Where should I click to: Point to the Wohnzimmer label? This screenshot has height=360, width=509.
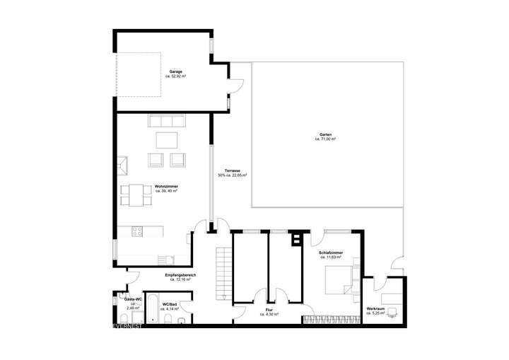[x=166, y=187]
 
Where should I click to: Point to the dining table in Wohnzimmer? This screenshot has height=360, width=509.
[x=137, y=194]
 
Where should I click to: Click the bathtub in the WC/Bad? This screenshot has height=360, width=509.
[x=151, y=308]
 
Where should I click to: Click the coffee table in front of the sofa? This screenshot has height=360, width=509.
[x=168, y=137]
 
